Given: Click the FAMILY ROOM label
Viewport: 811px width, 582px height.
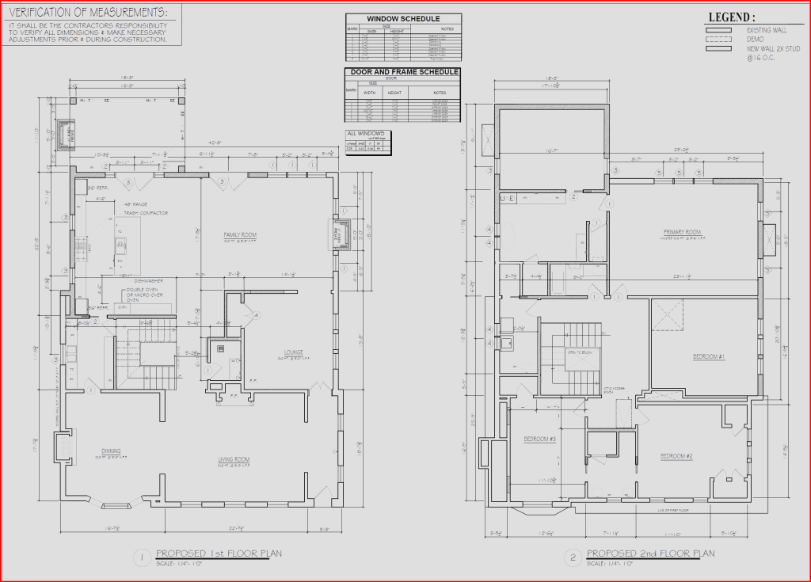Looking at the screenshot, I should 240,235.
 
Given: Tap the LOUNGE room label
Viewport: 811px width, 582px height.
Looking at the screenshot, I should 295,352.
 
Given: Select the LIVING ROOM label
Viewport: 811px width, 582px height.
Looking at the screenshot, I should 234,459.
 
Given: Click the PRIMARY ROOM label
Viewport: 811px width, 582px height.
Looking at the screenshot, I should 682,232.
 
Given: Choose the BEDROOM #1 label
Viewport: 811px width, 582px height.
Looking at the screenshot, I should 709,356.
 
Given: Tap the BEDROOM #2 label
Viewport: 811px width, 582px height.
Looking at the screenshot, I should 677,456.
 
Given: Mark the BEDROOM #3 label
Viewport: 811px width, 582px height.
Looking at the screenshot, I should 539,439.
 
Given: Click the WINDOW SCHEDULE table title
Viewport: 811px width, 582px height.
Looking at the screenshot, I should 403,18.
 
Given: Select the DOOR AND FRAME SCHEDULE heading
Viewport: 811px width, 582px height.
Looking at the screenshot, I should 403,72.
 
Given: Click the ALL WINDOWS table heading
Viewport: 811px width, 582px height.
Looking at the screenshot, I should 365,133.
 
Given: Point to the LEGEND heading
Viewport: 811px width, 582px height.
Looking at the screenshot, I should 731,17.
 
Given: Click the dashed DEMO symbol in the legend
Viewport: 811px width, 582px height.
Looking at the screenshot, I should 718,38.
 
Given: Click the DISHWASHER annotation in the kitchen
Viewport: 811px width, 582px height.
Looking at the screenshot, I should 148,280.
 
